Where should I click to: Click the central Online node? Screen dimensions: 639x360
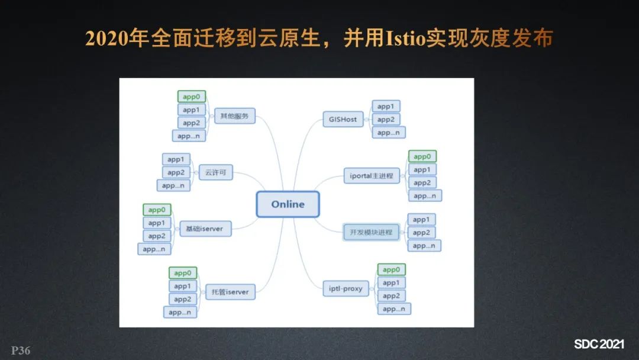tap(288, 204)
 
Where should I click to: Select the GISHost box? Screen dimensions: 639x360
tap(343, 119)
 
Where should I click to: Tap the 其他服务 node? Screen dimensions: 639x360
tap(234, 115)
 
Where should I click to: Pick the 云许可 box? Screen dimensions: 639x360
tap(215, 173)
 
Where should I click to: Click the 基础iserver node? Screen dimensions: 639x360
tap(205, 228)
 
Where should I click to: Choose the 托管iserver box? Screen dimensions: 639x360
tap(227, 292)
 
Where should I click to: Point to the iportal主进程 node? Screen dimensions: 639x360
tap(372, 176)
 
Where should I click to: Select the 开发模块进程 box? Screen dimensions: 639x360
tap(372, 232)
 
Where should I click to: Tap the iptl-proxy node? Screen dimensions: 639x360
tap(346, 289)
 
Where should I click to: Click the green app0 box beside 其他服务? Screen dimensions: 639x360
tap(191, 97)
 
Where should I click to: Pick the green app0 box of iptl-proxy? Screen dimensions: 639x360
tap(391, 270)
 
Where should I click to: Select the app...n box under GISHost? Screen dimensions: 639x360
tap(388, 133)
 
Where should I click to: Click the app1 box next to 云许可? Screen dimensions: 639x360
tap(175, 159)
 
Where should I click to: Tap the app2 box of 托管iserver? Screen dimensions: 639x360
tap(182, 299)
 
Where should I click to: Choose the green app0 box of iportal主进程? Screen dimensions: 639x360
tap(422, 157)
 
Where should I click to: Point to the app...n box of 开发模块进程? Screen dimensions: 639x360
tap(424, 246)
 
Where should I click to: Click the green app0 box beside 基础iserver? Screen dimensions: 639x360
tap(156, 210)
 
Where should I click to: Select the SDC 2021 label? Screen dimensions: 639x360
tap(599, 345)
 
